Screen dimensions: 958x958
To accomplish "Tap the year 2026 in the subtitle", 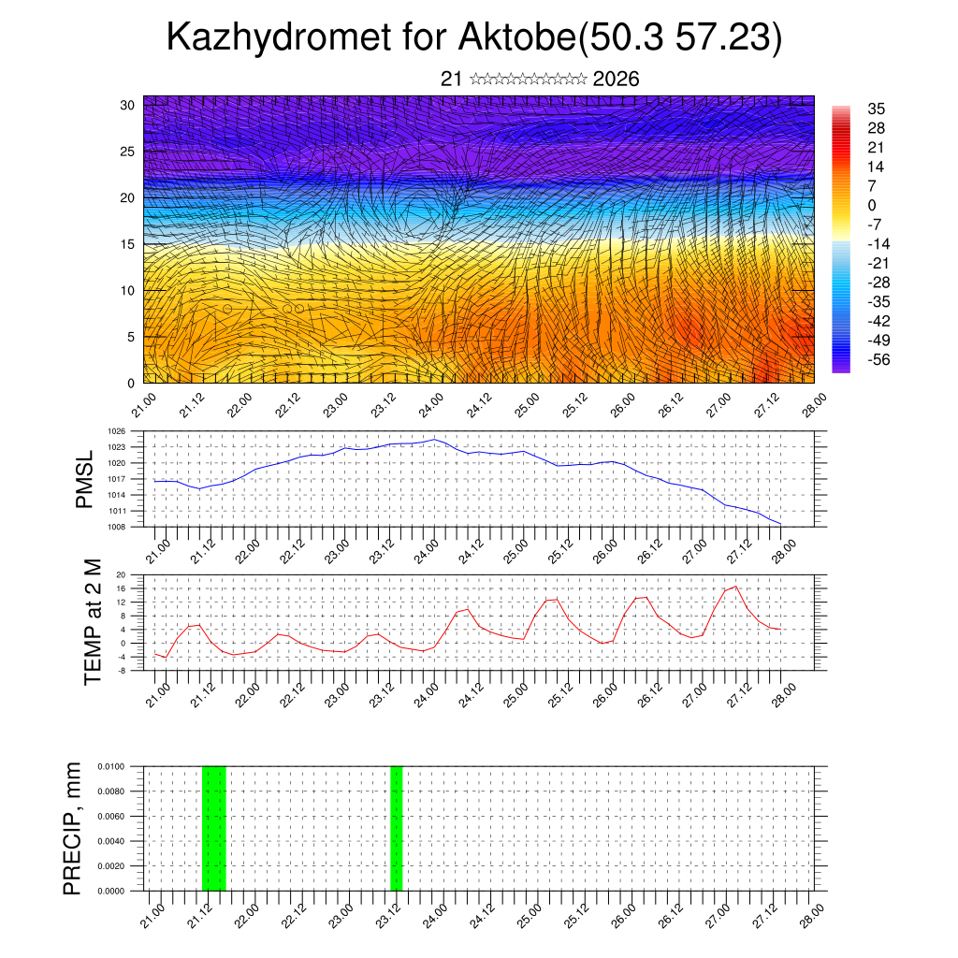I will (x=616, y=80).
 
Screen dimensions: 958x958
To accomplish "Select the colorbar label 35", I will (x=877, y=109).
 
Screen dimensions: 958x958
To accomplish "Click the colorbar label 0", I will (x=872, y=205).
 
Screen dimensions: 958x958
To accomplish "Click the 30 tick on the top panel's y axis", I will (x=128, y=105).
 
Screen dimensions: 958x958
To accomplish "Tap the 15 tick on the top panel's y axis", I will (x=128, y=244).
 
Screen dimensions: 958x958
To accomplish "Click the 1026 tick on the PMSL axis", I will (x=117, y=431).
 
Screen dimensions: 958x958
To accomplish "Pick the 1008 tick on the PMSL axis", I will (x=117, y=527).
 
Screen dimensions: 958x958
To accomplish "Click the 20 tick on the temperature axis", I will (x=122, y=574).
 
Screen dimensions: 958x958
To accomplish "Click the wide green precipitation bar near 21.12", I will (x=214, y=828).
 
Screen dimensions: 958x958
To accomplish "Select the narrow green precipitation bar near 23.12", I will (x=397, y=828).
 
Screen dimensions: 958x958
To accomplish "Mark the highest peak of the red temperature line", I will (x=735, y=587).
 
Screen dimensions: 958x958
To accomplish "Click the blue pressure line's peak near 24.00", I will (x=433, y=439).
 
